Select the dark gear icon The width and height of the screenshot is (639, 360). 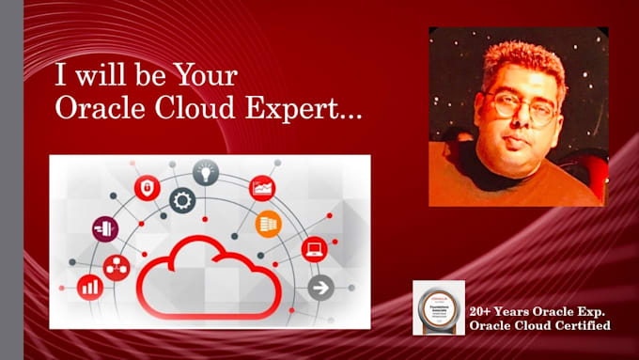pyautogui.click(x=182, y=200)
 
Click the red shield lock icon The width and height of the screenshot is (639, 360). pyautogui.click(x=147, y=188)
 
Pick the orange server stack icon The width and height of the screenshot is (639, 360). pyautogui.click(x=268, y=224)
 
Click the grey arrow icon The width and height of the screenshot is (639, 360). pyautogui.click(x=320, y=287)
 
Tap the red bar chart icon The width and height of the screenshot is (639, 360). pyautogui.click(x=91, y=286)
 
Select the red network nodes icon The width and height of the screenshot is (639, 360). pyautogui.click(x=116, y=267)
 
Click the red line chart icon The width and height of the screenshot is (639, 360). pyautogui.click(x=261, y=189)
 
